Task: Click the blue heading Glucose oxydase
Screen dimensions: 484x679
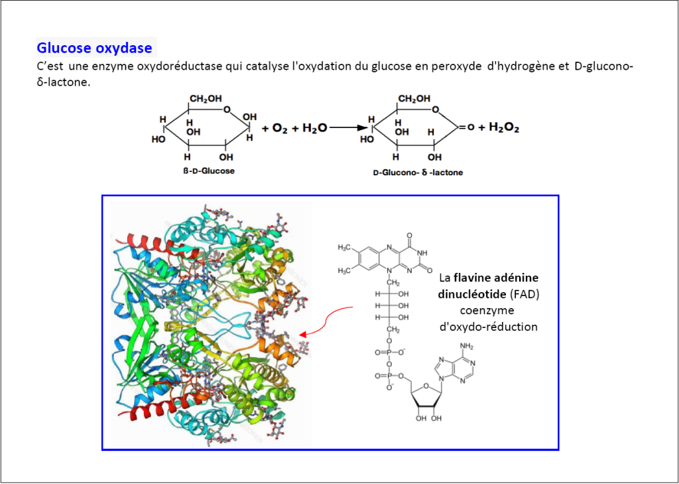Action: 94,48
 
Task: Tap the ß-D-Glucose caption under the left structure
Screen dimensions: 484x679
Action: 209,171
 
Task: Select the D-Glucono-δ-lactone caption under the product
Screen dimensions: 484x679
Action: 418,173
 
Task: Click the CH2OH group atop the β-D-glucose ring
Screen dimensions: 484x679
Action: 206,99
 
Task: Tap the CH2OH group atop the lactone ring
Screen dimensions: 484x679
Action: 414,99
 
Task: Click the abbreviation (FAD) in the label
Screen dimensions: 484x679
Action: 527,293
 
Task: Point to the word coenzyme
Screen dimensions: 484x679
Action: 488,310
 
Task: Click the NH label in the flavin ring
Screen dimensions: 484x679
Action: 422,252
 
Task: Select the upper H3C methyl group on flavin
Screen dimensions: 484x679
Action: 345,248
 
